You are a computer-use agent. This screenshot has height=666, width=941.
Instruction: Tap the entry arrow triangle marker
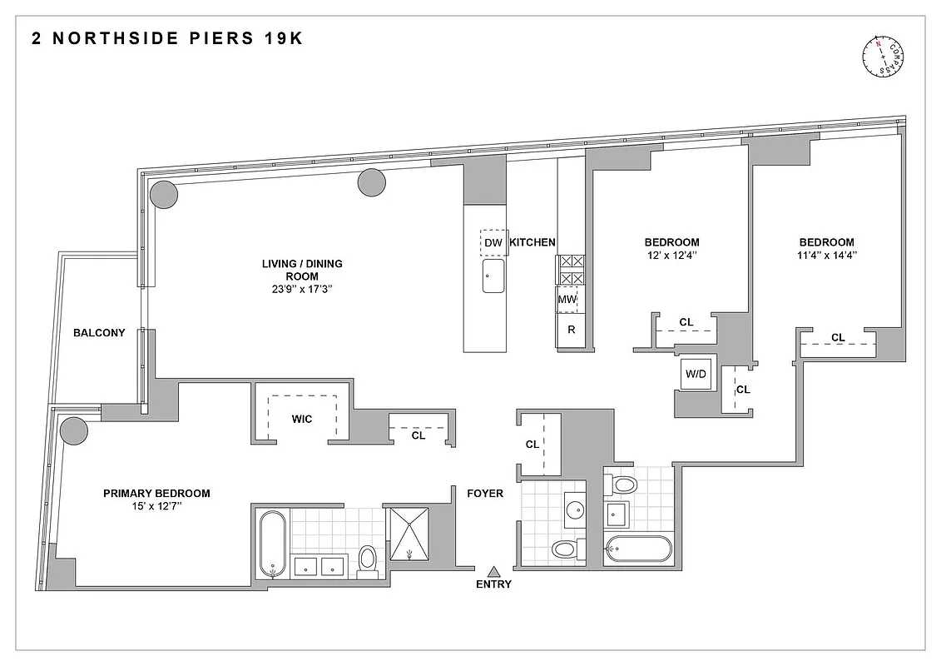(493, 571)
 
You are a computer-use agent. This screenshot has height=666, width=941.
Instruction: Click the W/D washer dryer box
(696, 375)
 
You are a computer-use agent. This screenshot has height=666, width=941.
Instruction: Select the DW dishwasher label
(493, 243)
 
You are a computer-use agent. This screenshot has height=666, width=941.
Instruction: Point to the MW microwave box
(567, 300)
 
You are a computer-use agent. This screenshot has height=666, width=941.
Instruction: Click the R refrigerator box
(571, 330)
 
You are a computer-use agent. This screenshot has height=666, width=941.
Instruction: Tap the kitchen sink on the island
(493, 276)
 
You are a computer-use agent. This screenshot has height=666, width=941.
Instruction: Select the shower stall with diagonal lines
(409, 533)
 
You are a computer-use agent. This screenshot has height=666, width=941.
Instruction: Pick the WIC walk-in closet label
(302, 419)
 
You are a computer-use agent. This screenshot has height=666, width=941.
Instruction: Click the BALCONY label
(99, 333)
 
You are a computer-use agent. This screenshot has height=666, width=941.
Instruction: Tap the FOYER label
(484, 494)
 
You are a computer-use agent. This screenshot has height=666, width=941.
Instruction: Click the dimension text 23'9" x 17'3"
(302, 291)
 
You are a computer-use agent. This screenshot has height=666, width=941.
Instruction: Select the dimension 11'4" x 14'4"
(826, 256)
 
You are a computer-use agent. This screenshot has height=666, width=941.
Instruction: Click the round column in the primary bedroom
(73, 430)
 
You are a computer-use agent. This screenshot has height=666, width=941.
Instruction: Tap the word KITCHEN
(532, 242)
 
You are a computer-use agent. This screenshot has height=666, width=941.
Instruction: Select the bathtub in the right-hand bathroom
(638, 549)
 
